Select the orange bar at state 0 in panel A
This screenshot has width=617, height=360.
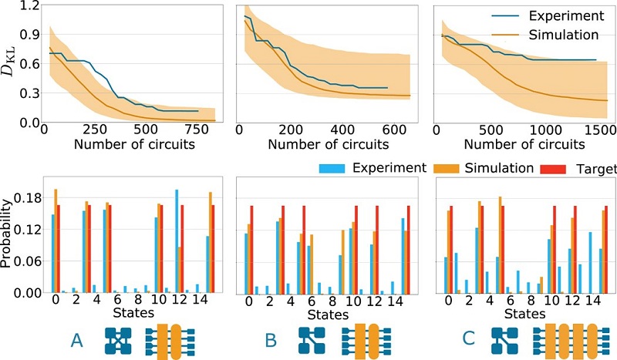coord(56,241)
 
